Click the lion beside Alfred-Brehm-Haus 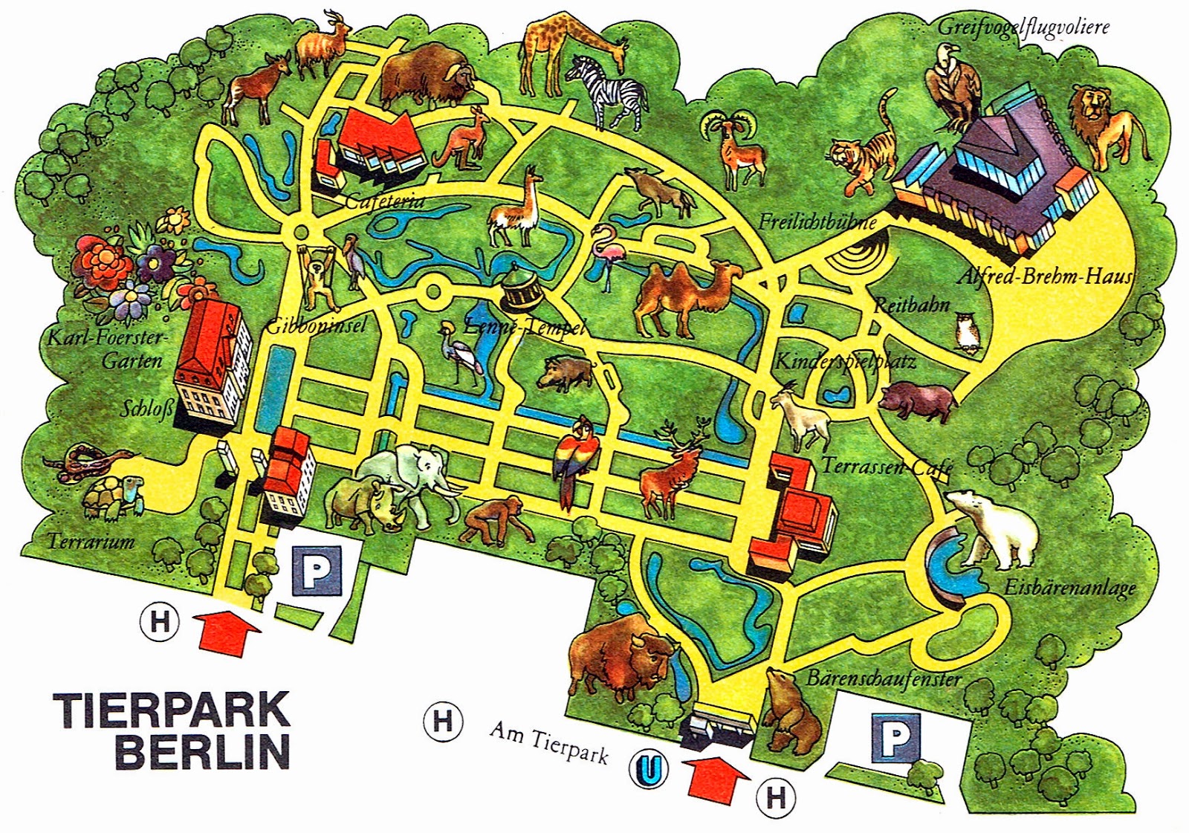(1107, 126)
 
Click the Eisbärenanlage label (1070, 587)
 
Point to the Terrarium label (91, 541)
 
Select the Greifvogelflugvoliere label (1023, 27)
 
